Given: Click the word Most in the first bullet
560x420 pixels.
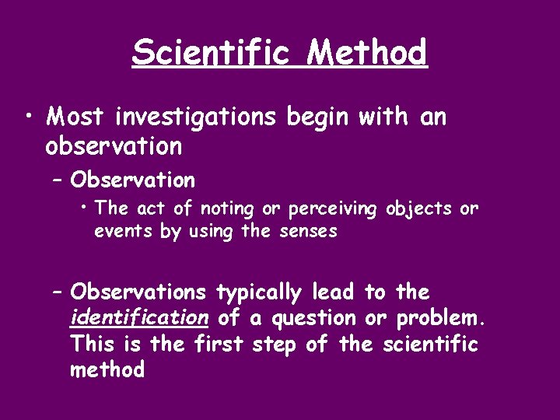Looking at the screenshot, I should point(76,117).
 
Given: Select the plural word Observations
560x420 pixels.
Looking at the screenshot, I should point(138,292).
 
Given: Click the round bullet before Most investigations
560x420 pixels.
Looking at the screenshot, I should point(27,117).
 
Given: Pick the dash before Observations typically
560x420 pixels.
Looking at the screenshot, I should point(57,292).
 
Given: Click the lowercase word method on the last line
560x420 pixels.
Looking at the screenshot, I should point(107,369).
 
